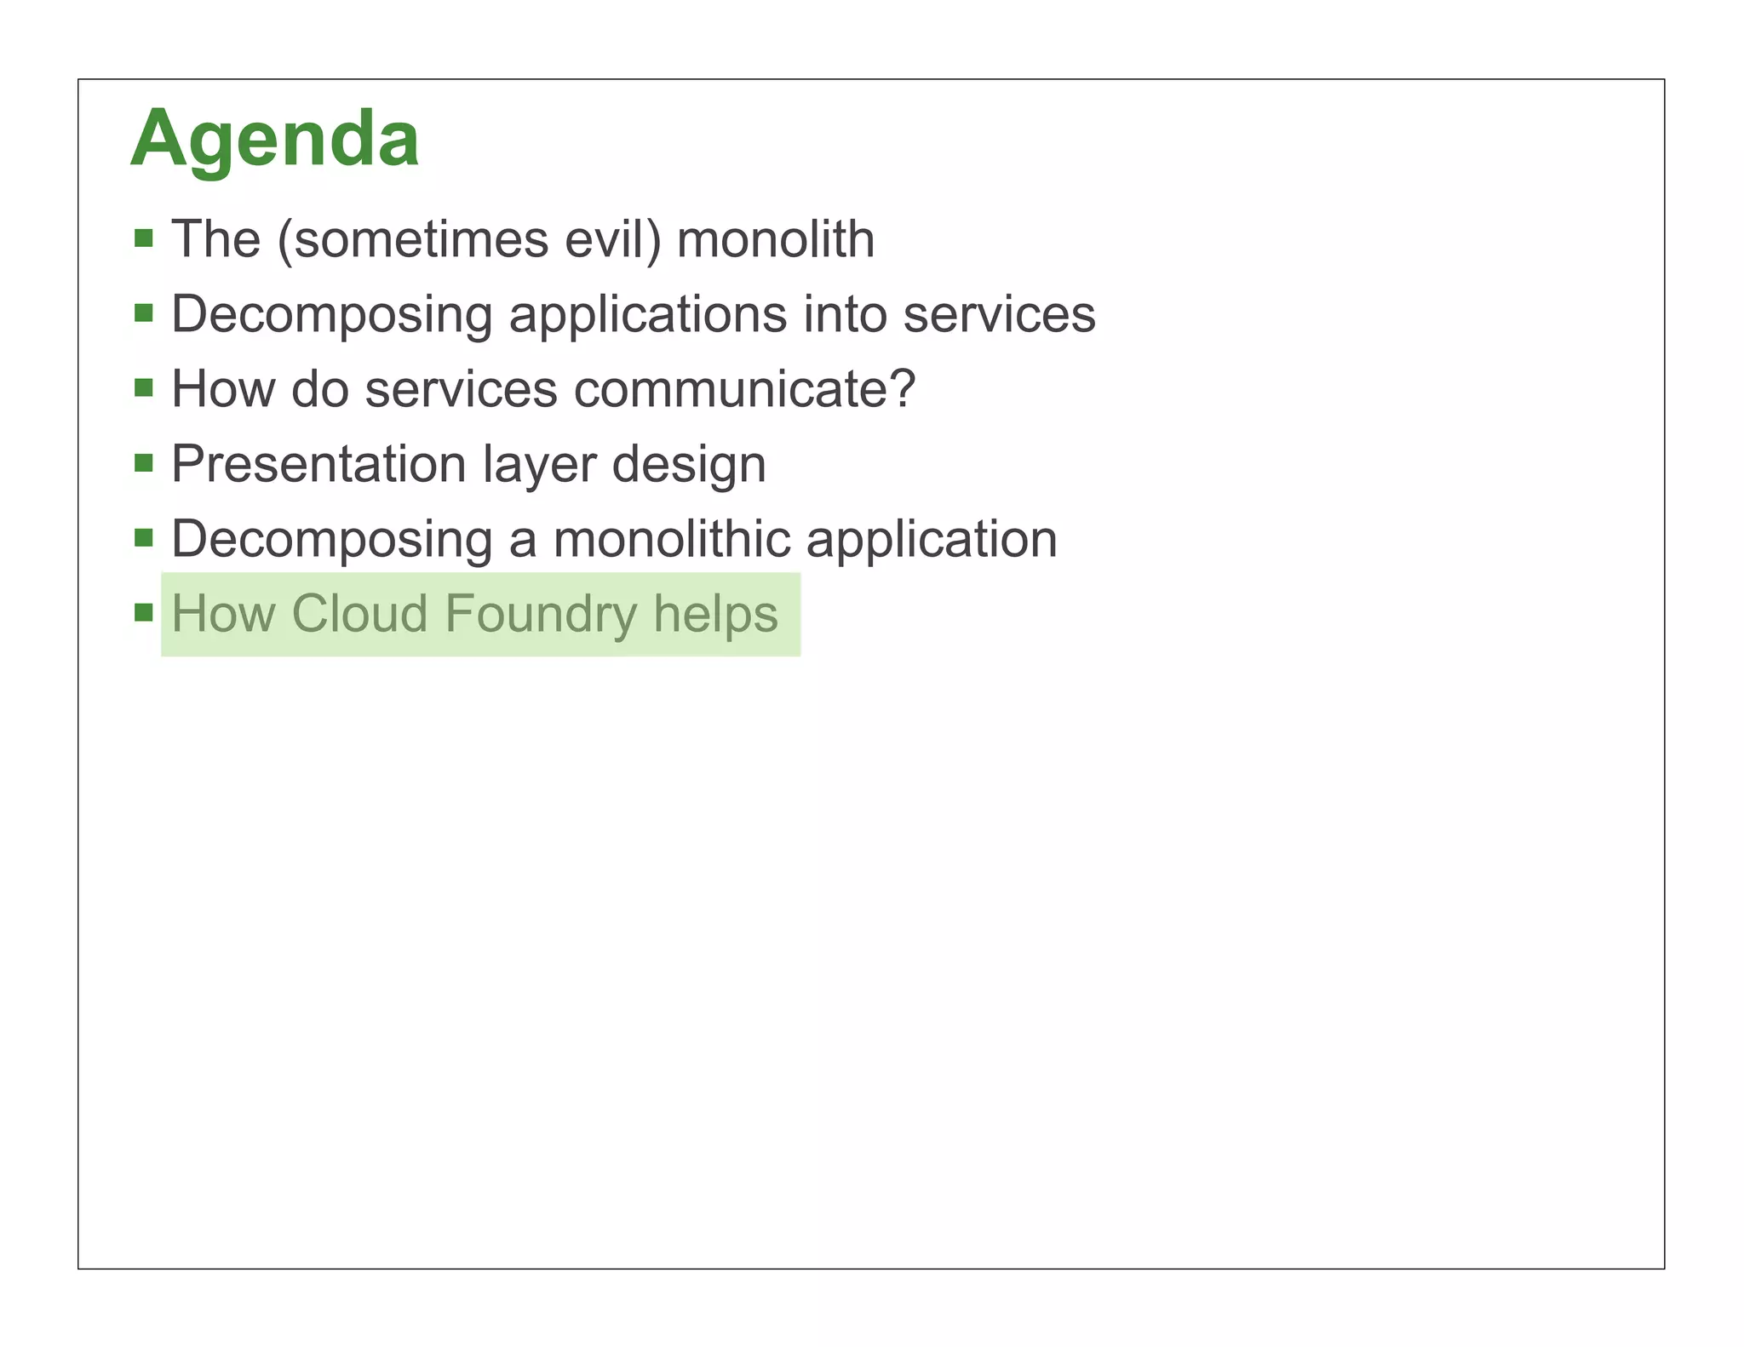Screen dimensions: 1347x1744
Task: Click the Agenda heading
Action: (x=274, y=139)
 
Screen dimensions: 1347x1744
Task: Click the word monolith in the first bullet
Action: (x=775, y=239)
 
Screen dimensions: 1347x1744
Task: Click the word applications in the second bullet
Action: (x=647, y=315)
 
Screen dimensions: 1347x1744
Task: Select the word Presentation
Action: (x=318, y=465)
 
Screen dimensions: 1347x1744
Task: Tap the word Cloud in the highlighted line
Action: (x=359, y=614)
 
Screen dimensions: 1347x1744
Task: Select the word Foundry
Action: (x=541, y=615)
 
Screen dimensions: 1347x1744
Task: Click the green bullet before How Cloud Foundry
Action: (x=144, y=613)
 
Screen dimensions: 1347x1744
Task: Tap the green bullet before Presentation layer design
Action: (x=144, y=463)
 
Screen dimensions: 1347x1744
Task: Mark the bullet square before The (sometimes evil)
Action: (x=144, y=238)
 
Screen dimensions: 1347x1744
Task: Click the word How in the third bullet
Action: (x=223, y=389)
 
